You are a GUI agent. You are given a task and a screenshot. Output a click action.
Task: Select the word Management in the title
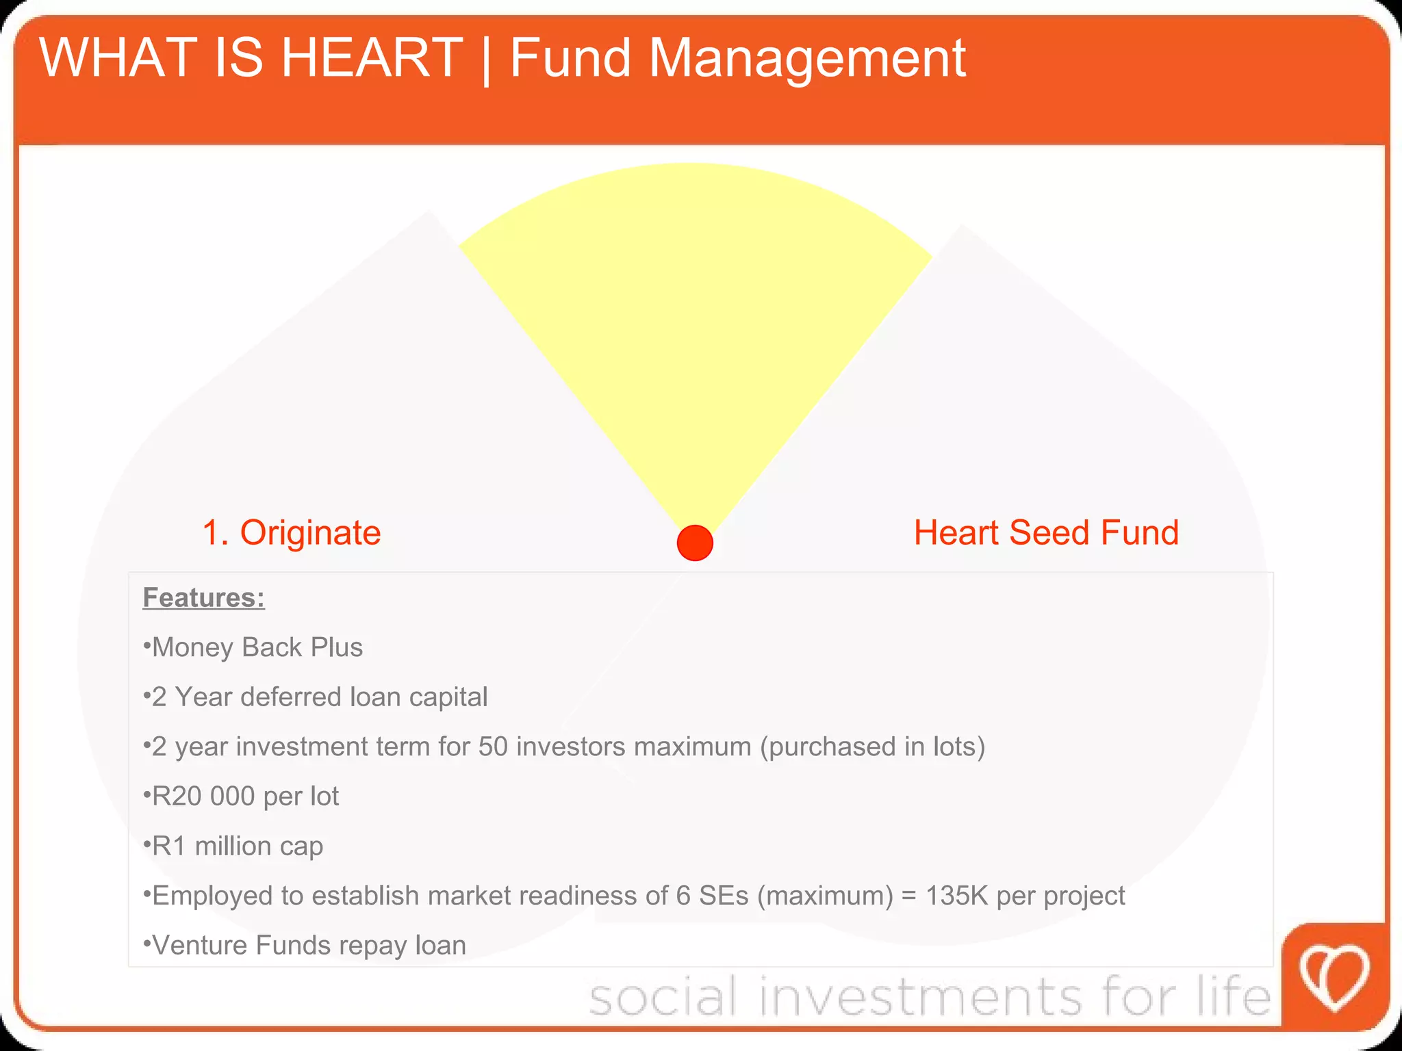click(x=807, y=59)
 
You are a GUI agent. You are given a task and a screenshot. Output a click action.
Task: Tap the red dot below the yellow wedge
click(x=695, y=543)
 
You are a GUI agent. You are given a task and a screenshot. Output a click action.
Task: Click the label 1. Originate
click(x=292, y=532)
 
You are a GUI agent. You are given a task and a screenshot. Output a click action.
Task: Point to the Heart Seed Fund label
click(x=1046, y=532)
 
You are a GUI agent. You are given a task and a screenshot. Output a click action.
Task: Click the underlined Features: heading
click(x=203, y=597)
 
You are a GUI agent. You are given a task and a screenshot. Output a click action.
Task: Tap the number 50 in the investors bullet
click(x=493, y=747)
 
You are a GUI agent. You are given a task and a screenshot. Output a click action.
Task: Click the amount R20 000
click(x=203, y=796)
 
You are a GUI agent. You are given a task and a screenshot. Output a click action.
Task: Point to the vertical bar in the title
click(x=487, y=60)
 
